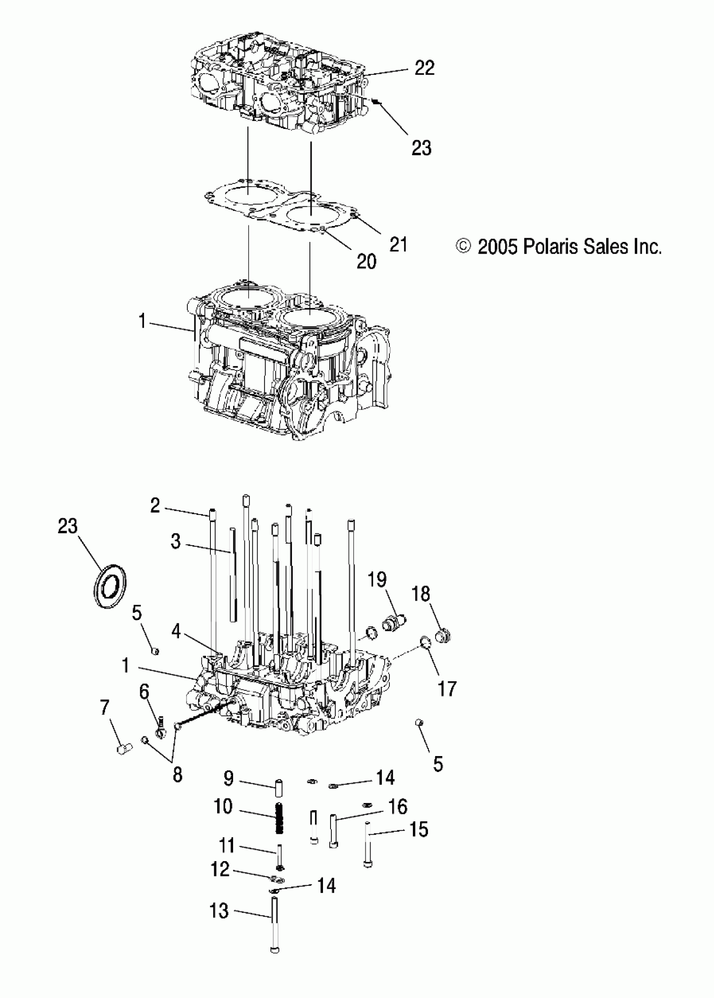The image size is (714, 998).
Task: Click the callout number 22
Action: (x=424, y=68)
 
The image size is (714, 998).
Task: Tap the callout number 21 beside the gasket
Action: (x=398, y=244)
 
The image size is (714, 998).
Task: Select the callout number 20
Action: (x=366, y=262)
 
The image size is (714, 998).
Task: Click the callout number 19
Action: (x=377, y=580)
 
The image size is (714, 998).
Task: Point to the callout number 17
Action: (x=447, y=688)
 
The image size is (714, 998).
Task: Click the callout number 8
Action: (x=177, y=775)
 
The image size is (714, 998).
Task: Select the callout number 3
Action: (x=176, y=541)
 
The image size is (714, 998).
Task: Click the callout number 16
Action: (x=398, y=807)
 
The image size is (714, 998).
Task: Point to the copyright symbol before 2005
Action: (x=463, y=246)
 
